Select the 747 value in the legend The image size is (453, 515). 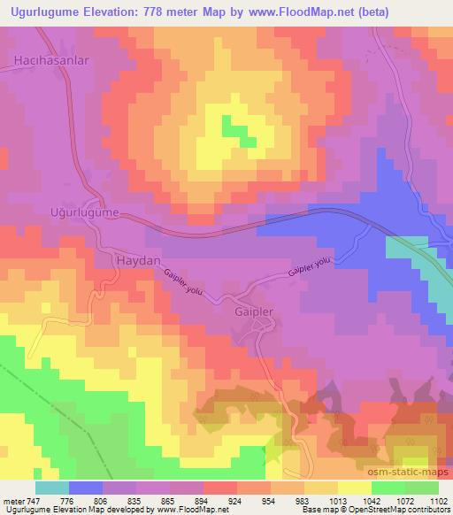point(34,502)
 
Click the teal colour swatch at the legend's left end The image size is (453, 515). point(52,488)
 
